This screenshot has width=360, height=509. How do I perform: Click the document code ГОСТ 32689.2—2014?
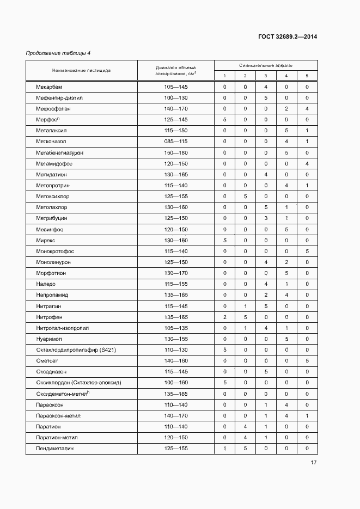(x=288, y=37)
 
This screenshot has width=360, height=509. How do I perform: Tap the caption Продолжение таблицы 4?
(x=58, y=53)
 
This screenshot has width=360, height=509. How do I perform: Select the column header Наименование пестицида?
(x=81, y=70)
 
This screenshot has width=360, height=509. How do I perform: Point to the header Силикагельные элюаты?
(x=265, y=65)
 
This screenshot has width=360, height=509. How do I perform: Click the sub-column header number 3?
(x=266, y=76)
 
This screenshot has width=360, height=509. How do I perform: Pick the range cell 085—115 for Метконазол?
(x=175, y=142)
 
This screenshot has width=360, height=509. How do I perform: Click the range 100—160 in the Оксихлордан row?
(x=175, y=383)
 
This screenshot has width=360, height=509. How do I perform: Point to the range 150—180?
(x=175, y=153)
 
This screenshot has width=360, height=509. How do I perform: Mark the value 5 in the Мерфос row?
(x=224, y=120)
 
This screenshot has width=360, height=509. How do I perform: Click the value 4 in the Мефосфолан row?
(x=307, y=109)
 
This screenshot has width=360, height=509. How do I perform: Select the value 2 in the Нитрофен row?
(x=224, y=317)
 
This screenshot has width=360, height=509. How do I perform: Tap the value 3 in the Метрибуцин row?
(x=266, y=218)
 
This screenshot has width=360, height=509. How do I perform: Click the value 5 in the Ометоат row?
(x=307, y=360)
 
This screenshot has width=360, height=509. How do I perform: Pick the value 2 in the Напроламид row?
(x=266, y=295)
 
